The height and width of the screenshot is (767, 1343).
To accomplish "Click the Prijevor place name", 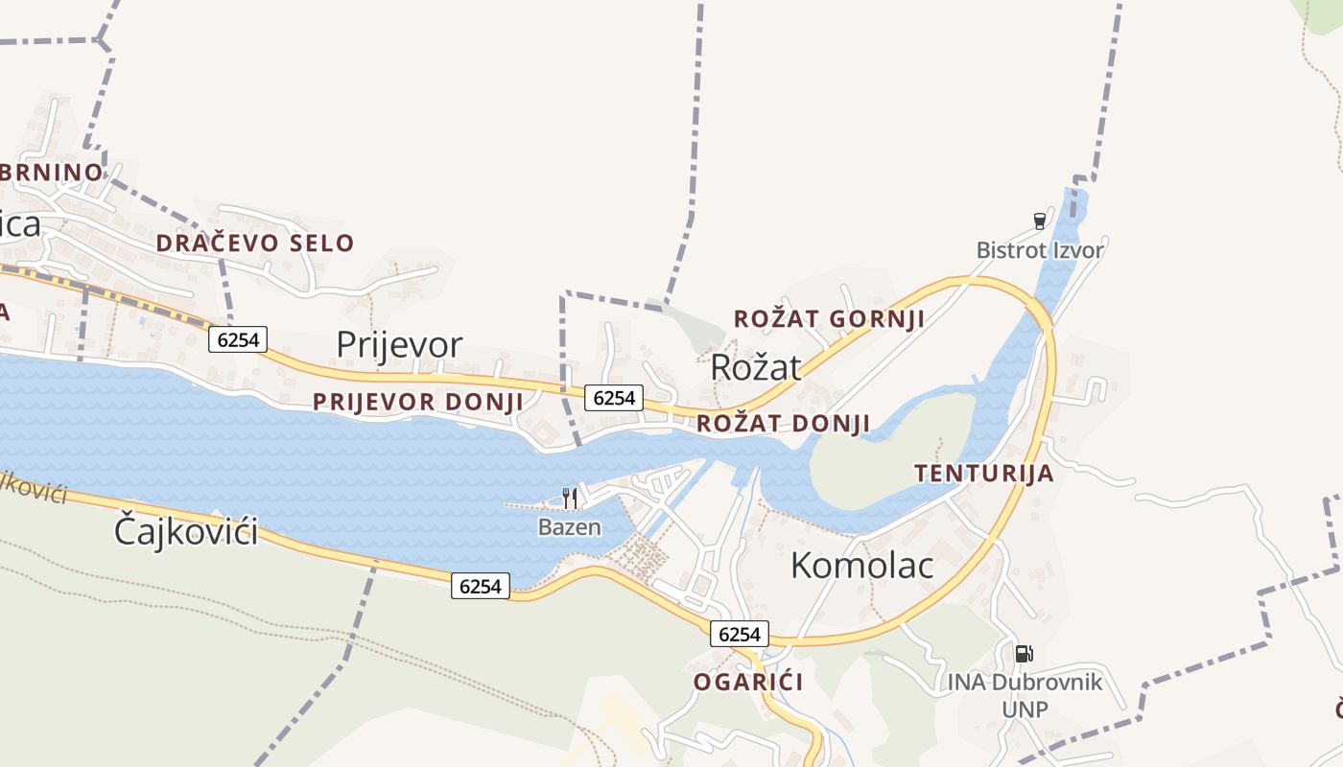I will pos(399,345).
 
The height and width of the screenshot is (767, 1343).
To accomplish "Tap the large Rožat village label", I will pos(755,367).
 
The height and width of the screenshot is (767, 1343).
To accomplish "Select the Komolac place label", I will pos(861,566).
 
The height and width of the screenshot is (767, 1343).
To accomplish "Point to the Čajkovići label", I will pos(186,530).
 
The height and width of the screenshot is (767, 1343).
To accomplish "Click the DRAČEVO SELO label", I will pos(255,244).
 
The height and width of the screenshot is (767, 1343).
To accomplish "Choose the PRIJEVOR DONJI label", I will pos(418,402).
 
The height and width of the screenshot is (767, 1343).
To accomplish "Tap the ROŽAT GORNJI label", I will pos(829,319).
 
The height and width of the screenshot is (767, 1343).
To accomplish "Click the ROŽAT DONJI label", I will pos(784,424).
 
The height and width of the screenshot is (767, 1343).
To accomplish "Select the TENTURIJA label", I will pos(983,474).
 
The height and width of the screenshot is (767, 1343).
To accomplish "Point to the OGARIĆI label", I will pos(748,683).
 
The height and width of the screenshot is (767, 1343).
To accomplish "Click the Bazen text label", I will pos(570,527).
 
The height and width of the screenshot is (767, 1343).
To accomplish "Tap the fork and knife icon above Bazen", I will pos(570,498).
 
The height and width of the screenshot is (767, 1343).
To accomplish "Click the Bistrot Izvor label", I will pos(1040,251).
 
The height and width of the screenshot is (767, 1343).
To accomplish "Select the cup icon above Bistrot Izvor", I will pos(1039,221).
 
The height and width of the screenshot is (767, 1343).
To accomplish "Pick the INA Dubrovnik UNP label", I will pos(1025,695).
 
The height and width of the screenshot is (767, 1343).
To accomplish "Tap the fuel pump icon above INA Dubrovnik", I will pos(1024,654).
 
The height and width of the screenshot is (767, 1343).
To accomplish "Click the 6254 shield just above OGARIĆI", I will pos(740,634).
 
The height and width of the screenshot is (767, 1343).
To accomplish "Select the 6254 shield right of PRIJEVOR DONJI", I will pos(614,398).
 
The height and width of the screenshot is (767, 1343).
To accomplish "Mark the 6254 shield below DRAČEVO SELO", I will pos(238,339).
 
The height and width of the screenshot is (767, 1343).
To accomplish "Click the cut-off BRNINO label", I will pos(51,173).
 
